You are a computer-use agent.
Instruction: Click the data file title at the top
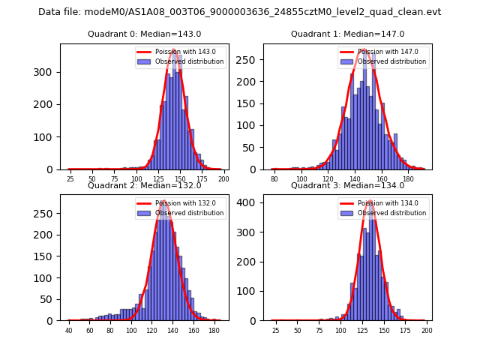(x=240, y=12)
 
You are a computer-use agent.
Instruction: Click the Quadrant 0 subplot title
(x=144, y=34)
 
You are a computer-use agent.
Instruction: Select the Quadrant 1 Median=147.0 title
(x=348, y=34)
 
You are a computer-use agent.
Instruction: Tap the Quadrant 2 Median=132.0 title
(x=144, y=185)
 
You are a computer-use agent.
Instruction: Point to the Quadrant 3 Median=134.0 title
(x=348, y=185)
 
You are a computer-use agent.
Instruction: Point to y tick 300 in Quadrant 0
(x=46, y=72)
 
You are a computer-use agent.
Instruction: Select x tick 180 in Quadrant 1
(x=408, y=179)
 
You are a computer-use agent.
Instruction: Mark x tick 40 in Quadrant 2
(x=69, y=331)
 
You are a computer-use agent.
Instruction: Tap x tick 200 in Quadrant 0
(x=223, y=179)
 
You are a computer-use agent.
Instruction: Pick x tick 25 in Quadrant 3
(x=275, y=331)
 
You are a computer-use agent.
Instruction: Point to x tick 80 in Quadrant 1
(x=274, y=179)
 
